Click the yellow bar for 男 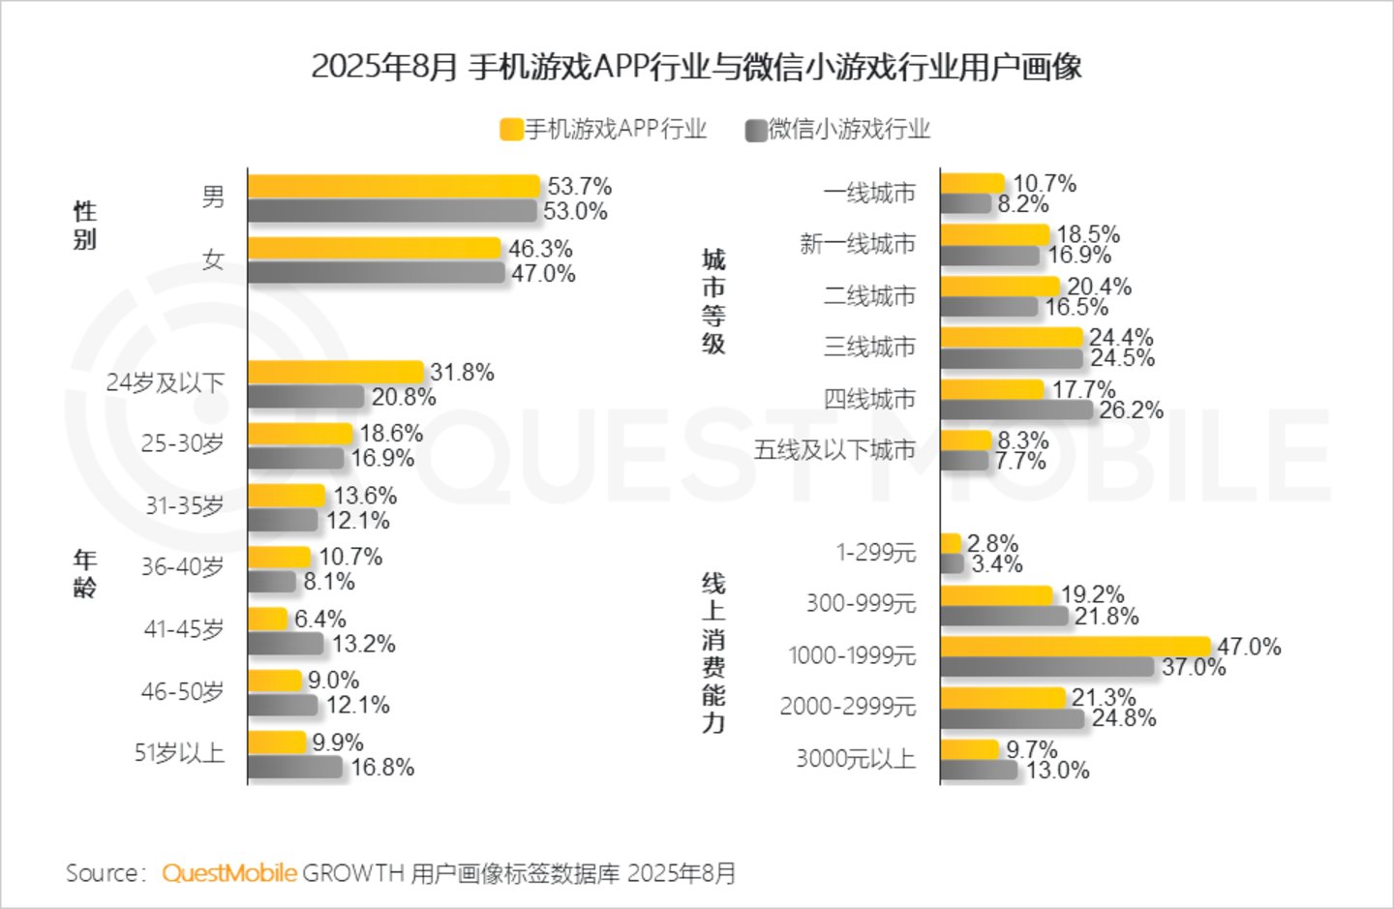[x=394, y=186]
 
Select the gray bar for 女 [x=377, y=273]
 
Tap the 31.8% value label [x=462, y=372]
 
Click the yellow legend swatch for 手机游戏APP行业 [x=511, y=130]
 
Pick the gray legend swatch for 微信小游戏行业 [x=756, y=130]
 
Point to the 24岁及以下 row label [x=165, y=382]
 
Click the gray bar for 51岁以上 [x=295, y=767]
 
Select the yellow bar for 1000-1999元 [x=1076, y=647]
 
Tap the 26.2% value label [x=1131, y=409]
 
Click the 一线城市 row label [x=869, y=194]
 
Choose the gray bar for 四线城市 [x=1016, y=409]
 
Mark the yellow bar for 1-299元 [x=951, y=543]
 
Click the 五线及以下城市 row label [x=834, y=450]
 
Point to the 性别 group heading [x=85, y=225]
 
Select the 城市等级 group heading [x=713, y=301]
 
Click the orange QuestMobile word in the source [x=229, y=873]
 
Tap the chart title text [x=696, y=67]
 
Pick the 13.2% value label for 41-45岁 [x=363, y=644]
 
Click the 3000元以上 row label [x=857, y=759]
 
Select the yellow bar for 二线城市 [x=1000, y=287]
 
